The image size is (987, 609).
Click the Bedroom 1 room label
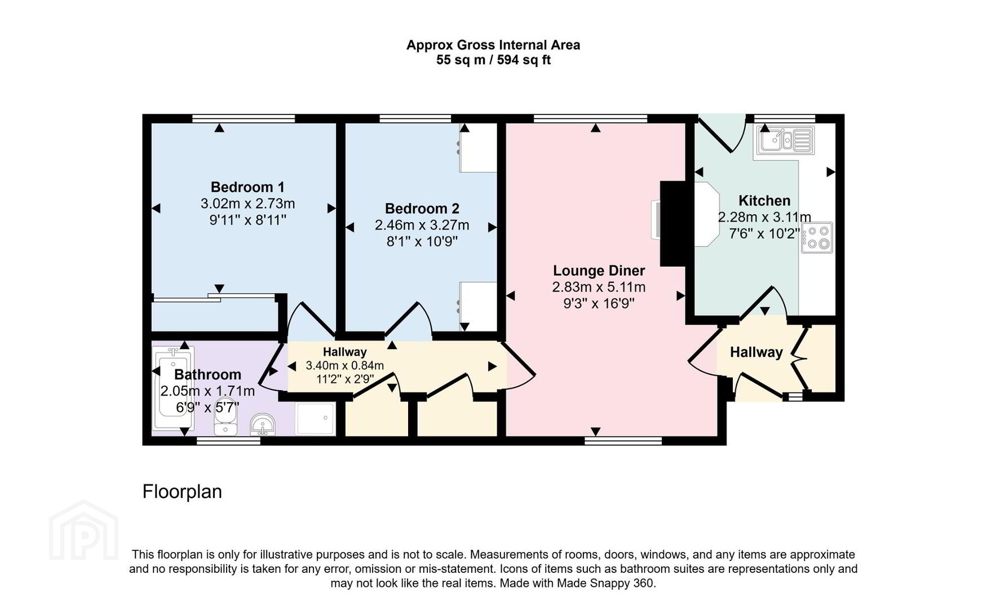[x=247, y=187]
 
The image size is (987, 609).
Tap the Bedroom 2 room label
[x=422, y=209]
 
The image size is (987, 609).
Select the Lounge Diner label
[x=599, y=271]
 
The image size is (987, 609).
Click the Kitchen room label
[x=764, y=201]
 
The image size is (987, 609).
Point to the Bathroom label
[x=207, y=374]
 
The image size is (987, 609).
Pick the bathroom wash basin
[x=263, y=425]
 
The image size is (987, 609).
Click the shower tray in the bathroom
[x=315, y=418]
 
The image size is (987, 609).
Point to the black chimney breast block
[x=672, y=224]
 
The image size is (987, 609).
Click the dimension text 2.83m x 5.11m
[x=599, y=287]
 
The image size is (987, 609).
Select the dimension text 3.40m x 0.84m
[x=344, y=365]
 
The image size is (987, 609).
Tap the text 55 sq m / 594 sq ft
[x=493, y=60]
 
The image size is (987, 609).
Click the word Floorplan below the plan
[x=182, y=492]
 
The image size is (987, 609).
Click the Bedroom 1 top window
[x=244, y=118]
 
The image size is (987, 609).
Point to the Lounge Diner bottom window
[x=623, y=441]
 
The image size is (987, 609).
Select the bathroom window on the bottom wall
[x=228, y=441]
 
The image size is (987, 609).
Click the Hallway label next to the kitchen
[x=756, y=352]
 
